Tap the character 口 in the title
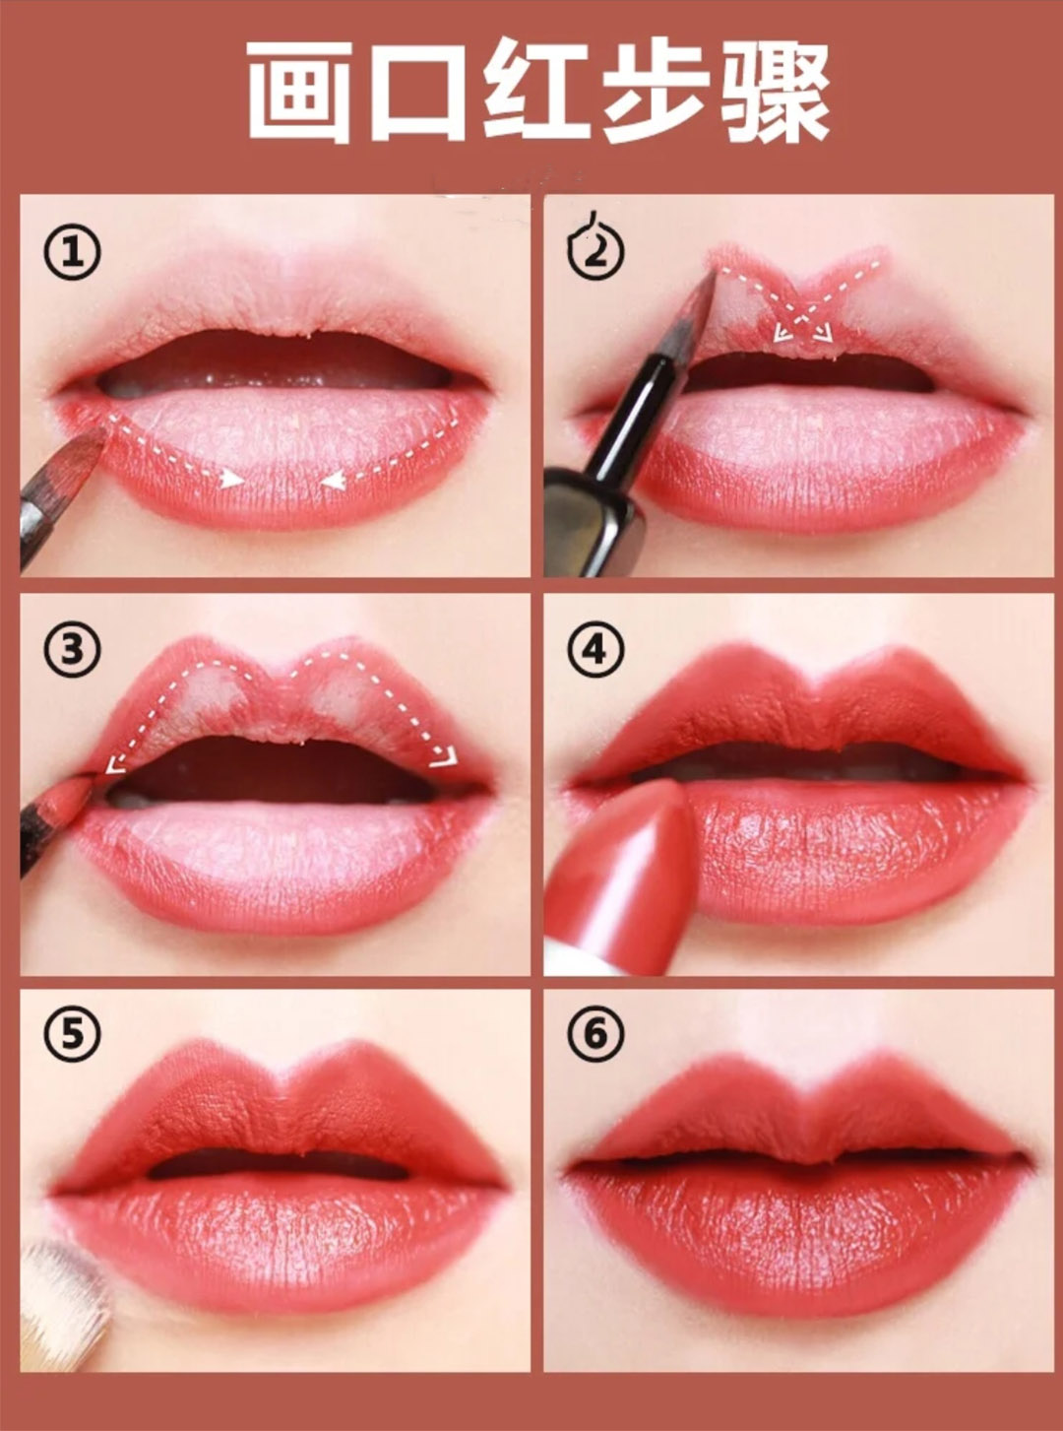417,93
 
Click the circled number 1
72,252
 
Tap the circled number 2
595,250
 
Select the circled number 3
72,649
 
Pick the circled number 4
595,649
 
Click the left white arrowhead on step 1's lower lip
231,480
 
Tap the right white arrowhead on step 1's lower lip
332,481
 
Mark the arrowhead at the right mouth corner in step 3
446,756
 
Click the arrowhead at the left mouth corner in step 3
115,764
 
